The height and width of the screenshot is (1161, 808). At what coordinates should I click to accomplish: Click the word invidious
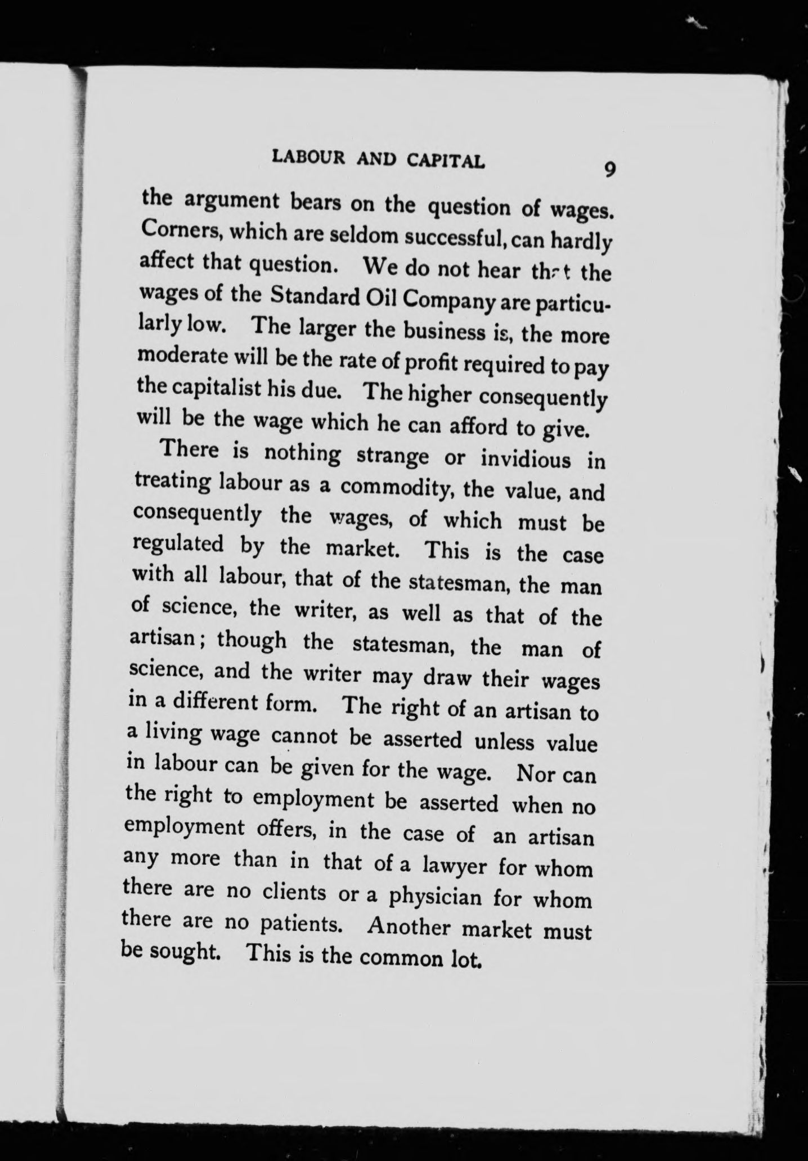pyautogui.click(x=526, y=458)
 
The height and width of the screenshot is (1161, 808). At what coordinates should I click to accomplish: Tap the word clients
pyautogui.click(x=293, y=893)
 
